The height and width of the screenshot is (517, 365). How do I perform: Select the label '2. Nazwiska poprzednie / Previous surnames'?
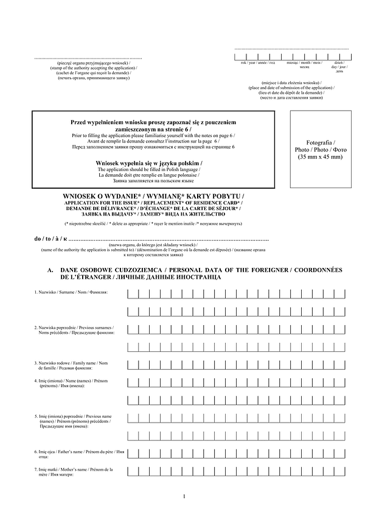73,331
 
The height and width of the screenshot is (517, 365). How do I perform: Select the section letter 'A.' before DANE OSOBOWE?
51,270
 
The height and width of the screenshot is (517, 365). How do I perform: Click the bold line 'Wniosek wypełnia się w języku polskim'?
149,163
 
